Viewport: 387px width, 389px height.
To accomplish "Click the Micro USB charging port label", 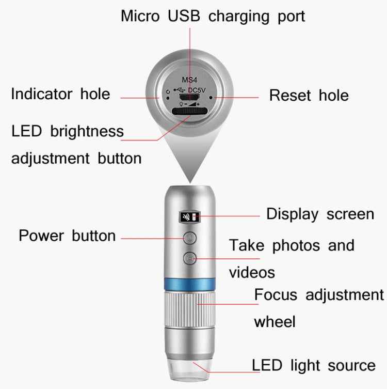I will (x=213, y=16).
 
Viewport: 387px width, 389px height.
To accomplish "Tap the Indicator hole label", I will (x=60, y=94).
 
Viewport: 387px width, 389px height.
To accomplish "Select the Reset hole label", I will (x=309, y=95).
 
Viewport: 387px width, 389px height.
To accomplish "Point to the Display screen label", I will (x=320, y=214).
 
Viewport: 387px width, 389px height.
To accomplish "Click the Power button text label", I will (x=67, y=236).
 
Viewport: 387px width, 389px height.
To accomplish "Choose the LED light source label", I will (x=314, y=365).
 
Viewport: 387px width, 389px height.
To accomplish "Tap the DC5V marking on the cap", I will (x=198, y=90).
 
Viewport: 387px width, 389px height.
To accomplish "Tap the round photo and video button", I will (x=189, y=257).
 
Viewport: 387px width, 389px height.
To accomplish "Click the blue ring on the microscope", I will (x=189, y=284).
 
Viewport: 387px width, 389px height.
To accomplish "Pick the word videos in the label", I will (x=251, y=272).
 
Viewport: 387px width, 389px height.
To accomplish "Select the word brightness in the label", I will (x=87, y=131).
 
